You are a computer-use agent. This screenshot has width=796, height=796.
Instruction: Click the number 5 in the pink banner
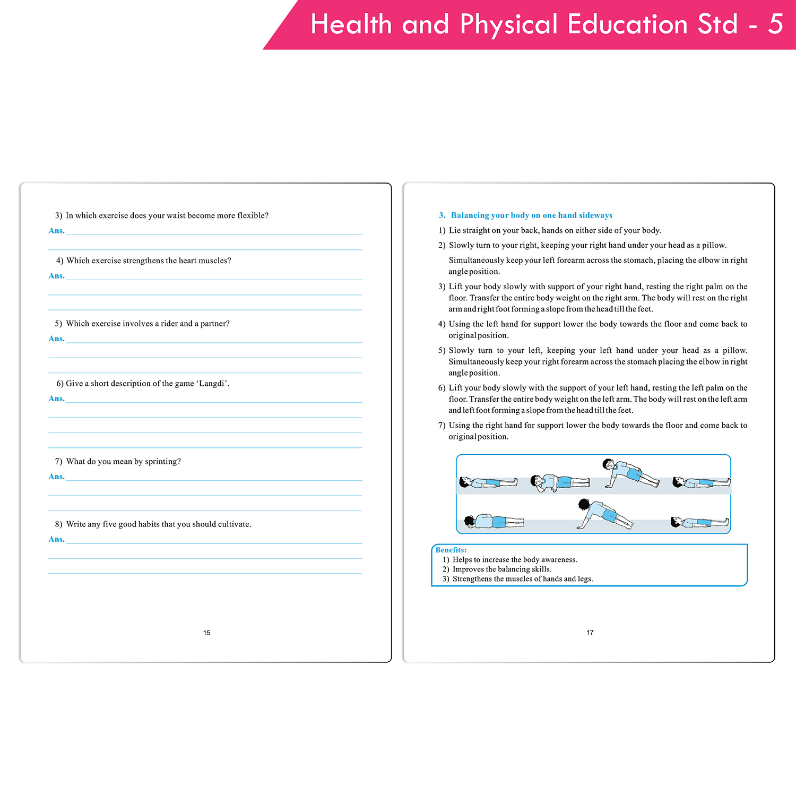(775, 24)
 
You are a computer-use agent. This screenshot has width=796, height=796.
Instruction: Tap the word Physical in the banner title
(509, 25)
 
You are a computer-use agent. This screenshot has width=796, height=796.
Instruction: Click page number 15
(206, 633)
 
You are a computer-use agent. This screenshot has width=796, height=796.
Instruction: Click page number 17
(590, 633)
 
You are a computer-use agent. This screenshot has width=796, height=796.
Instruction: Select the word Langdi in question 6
(213, 384)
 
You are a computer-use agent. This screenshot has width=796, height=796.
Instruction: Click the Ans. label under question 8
(56, 539)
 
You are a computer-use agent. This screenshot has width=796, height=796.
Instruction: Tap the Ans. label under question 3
(56, 230)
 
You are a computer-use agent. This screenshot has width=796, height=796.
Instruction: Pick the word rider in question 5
(169, 324)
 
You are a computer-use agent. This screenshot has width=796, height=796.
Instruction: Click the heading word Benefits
(451, 550)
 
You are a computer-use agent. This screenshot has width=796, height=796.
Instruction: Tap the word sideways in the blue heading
(595, 215)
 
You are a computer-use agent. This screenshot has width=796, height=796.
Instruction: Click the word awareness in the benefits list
(559, 560)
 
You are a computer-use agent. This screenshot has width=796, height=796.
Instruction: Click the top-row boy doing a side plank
(630, 473)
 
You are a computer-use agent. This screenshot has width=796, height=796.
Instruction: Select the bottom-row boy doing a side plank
(604, 514)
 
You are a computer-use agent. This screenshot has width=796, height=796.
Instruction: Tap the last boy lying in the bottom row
(699, 522)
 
